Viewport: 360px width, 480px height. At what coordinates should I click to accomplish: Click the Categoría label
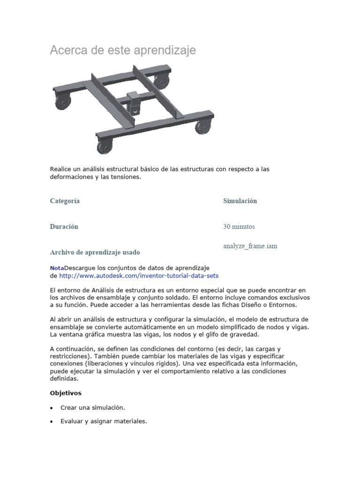point(65,201)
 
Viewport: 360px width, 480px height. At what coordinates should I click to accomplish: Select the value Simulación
point(240,201)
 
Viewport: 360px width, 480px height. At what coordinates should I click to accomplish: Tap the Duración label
point(64,227)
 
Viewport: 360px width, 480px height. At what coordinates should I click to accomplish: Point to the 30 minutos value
point(239,227)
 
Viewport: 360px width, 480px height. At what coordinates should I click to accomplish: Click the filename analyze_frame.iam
point(250,246)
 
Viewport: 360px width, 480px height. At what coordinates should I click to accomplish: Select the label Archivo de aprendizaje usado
point(95,252)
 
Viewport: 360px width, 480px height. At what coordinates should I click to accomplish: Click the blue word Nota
point(57,268)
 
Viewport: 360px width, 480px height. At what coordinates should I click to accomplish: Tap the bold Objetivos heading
point(66,393)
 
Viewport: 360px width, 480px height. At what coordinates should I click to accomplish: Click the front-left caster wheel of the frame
point(105,147)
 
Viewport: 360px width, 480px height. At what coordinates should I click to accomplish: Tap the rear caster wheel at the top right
point(162,82)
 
